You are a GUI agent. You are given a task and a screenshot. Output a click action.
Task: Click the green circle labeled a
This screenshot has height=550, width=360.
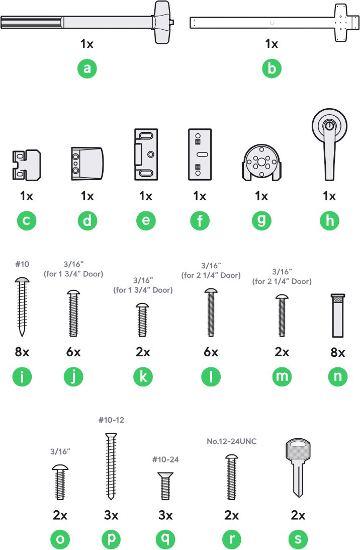pos(87,68)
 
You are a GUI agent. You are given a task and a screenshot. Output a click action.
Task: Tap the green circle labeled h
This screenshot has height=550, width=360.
pos(329,220)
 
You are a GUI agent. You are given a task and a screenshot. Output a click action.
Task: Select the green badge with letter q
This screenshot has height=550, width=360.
pos(165,539)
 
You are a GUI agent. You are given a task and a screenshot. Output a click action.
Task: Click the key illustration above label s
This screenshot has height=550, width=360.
pos(298,467)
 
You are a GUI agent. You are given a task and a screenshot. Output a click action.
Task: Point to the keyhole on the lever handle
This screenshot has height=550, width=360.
pos(329,125)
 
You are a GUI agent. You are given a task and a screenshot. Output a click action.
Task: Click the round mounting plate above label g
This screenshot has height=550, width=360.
pos(261,163)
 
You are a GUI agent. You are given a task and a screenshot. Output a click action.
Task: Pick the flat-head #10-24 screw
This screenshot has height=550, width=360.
pos(165,486)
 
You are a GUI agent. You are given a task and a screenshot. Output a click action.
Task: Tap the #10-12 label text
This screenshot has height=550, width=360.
pos(111,420)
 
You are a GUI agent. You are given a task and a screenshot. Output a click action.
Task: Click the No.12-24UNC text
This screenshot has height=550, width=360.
pos(232,441)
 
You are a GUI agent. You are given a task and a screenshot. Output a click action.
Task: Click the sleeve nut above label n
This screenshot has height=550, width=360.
pos(337,316)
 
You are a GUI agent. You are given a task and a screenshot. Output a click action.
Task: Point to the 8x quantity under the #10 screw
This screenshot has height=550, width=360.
pos(22,351)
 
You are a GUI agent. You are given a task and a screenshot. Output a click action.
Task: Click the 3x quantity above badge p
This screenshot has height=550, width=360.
pos(111,515)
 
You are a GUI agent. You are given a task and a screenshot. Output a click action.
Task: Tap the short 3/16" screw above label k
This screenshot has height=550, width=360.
pos(142,320)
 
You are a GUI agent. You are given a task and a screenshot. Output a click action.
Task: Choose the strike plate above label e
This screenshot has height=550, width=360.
pos(146,154)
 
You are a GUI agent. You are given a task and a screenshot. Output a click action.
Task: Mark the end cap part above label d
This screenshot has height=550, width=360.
pos(87,164)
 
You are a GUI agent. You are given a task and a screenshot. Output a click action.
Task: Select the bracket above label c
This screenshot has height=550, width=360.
pos(27,165)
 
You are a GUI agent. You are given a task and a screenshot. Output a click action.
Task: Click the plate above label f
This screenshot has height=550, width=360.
pos(200,154)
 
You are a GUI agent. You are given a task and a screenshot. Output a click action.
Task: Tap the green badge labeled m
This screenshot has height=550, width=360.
pos(282,377)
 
